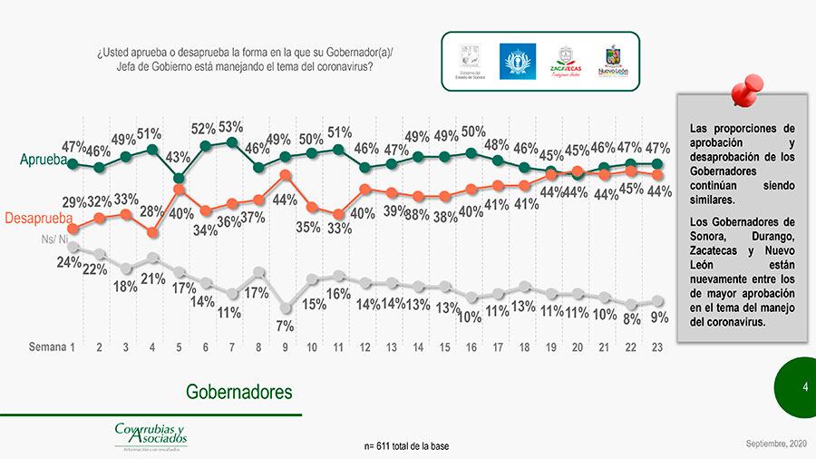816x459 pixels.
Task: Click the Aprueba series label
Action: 44,161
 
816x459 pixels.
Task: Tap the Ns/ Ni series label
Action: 55,239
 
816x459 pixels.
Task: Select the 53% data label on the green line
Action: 230,127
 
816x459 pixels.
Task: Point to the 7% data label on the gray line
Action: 285,326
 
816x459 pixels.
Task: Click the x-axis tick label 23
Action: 656,347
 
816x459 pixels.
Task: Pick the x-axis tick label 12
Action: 364,347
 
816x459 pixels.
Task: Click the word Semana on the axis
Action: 47,347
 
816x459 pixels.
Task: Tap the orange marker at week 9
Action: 285,175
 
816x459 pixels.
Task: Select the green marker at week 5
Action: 179,178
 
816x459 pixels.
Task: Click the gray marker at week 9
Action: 285,307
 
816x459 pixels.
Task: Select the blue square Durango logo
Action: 518,62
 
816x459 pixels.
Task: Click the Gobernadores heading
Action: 239,392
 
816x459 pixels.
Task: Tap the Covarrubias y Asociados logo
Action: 150,435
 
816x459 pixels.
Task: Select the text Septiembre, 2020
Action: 774,442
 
